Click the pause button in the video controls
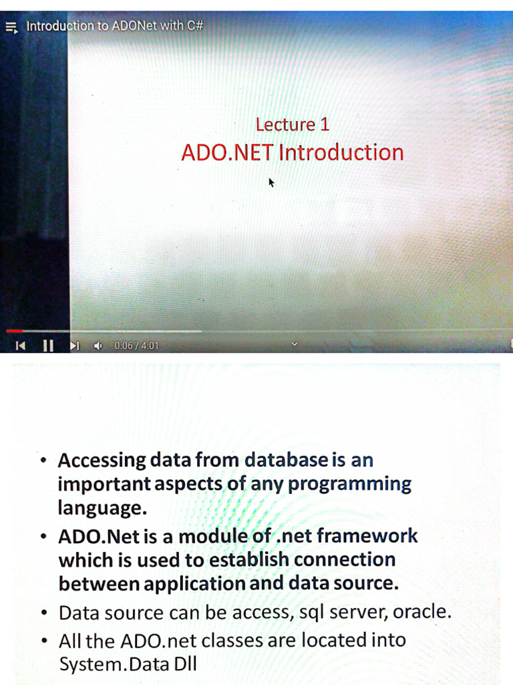click(x=48, y=346)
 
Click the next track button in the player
click(x=74, y=346)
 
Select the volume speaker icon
click(x=98, y=346)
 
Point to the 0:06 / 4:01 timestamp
click(x=136, y=346)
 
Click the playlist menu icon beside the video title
click(x=11, y=28)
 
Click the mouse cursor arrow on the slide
click(x=271, y=182)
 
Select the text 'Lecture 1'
click(x=292, y=124)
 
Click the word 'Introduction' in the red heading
click(x=341, y=153)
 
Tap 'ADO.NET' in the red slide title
click(x=227, y=153)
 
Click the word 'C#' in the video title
click(x=194, y=26)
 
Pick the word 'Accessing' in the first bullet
click(x=102, y=460)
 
